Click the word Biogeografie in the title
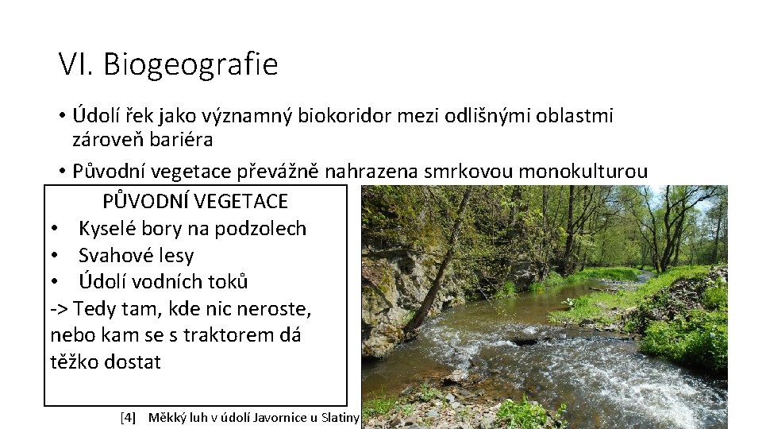[x=190, y=64]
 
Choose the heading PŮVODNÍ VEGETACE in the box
[x=195, y=202]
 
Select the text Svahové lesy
[x=136, y=256]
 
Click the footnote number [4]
[x=128, y=417]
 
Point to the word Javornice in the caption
[x=276, y=417]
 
